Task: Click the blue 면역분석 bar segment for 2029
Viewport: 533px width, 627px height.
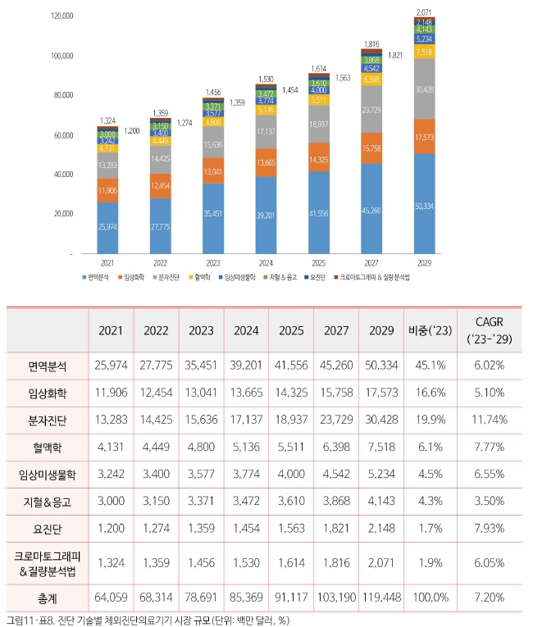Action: pos(425,205)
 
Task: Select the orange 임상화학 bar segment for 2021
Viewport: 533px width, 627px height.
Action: pos(107,189)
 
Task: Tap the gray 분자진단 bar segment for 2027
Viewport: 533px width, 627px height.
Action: pos(371,108)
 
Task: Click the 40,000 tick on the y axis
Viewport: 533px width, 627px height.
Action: pos(64,175)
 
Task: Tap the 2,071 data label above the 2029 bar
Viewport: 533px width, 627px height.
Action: pos(425,12)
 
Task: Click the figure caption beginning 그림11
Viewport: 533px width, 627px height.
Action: pos(148,619)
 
